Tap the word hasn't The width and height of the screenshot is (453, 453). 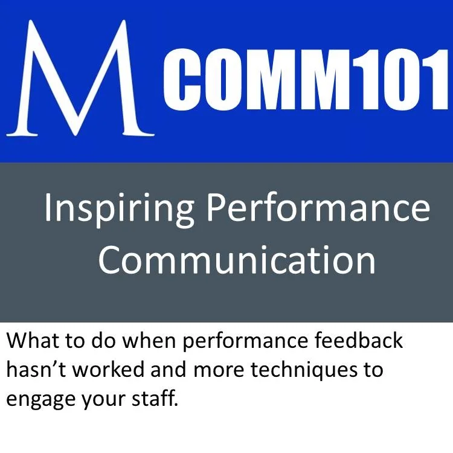click(x=37, y=369)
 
